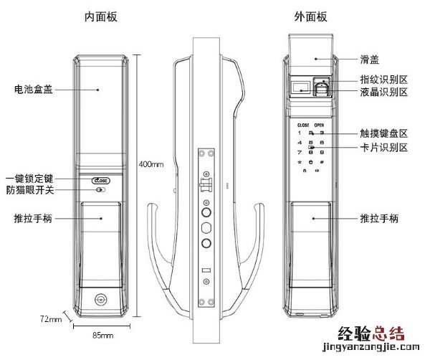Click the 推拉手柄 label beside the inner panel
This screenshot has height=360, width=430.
tap(31, 217)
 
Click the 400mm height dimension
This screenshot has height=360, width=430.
tap(151, 165)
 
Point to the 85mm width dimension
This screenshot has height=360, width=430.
tap(103, 336)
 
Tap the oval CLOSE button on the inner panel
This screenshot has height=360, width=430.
tap(100, 181)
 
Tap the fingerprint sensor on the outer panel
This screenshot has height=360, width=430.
tap(322, 89)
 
